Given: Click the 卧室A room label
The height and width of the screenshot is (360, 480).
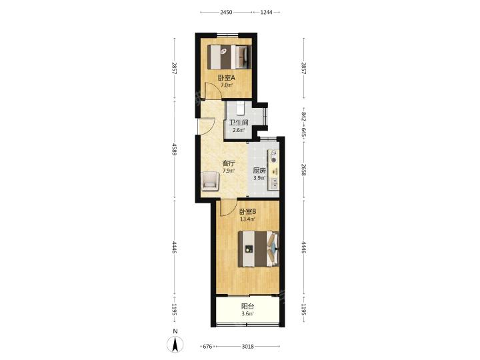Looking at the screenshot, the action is tap(226, 78).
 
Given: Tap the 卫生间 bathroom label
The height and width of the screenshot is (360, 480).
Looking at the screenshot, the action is tap(239, 123).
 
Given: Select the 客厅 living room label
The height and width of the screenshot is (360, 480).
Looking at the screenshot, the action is tap(229, 163).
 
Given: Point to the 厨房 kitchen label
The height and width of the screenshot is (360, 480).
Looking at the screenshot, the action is tap(259, 171).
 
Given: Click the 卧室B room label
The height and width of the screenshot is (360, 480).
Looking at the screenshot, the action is tap(247, 211).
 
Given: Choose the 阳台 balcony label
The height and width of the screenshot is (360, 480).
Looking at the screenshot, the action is tap(247, 306).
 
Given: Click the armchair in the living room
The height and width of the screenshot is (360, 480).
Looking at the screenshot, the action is tap(210, 181).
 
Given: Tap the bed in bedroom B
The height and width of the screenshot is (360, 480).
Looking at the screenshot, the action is tap(259, 249).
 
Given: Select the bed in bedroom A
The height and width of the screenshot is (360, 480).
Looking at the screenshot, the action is tap(229, 57).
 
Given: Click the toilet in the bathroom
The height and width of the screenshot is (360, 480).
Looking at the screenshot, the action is tap(240, 108).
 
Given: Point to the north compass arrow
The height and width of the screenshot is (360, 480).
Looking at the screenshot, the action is tap(175, 344).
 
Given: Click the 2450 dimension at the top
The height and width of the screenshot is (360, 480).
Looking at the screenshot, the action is tap(226, 12).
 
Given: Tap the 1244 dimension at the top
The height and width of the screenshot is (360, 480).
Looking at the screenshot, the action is tap(266, 12).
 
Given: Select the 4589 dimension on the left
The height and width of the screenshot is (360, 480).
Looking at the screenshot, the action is tap(175, 149).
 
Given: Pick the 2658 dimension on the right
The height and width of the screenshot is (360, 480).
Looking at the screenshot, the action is tap(303, 170).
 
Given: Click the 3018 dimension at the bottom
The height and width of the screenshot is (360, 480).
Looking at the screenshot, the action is tap(247, 347).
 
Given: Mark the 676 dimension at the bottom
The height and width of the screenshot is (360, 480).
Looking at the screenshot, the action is tap(207, 347).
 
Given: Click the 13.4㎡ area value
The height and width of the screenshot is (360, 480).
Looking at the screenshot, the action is tap(247, 219).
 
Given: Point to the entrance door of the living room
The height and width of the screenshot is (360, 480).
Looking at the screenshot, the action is tap(206, 126).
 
